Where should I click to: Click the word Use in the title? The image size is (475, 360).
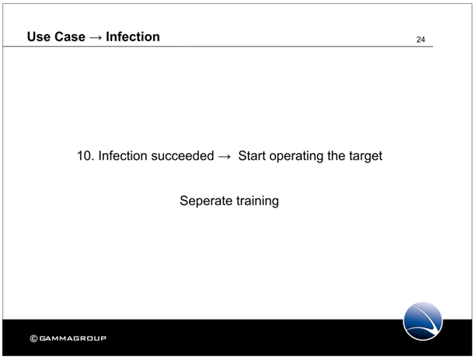pos(38,37)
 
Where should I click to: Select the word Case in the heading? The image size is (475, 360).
pos(70,37)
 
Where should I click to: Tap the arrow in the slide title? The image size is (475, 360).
pos(96,37)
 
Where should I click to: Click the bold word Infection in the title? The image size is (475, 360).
pos(133,37)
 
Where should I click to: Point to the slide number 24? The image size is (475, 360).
pos(421,40)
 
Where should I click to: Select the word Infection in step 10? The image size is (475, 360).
pos(123,156)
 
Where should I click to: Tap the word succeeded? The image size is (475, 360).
pos(183,156)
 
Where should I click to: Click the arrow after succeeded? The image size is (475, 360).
pos(225,156)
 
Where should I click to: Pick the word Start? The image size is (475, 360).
pos(252,156)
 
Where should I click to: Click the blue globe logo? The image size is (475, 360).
pos(423,321)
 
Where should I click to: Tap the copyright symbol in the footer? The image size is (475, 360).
pos(33,338)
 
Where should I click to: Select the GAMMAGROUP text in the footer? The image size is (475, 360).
pos(73,338)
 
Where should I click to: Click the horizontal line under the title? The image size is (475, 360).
pos(218,47)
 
